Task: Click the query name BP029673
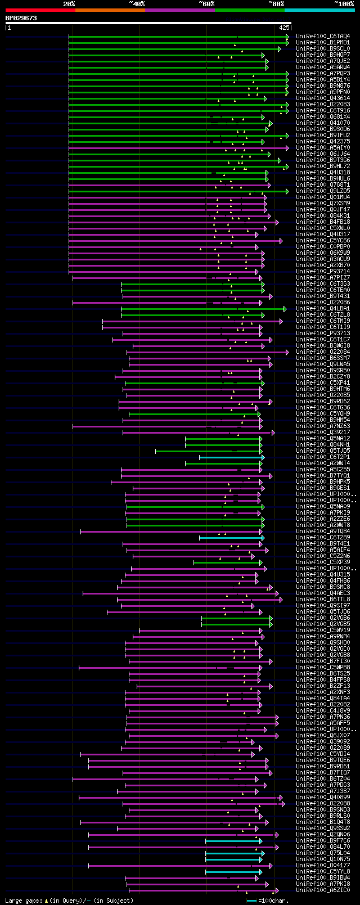click(x=21, y=18)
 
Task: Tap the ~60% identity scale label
click(x=206, y=4)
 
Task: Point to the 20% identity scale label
click(x=69, y=4)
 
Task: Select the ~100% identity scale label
click(x=344, y=4)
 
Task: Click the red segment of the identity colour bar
click(x=40, y=10)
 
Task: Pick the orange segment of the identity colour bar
click(x=110, y=10)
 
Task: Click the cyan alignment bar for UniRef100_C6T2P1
click(x=231, y=457)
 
